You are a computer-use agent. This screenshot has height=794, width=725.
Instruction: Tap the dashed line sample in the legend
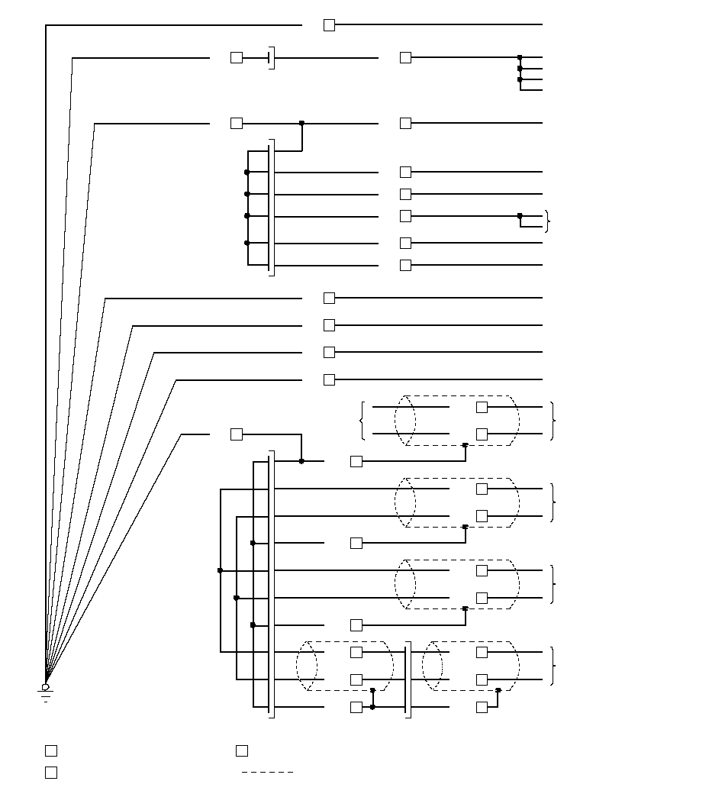tap(267, 772)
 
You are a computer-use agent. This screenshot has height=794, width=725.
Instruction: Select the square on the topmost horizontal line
tap(329, 25)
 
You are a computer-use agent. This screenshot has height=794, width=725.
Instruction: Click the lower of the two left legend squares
tap(51, 772)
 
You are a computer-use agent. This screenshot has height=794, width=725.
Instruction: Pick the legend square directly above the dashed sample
tap(242, 750)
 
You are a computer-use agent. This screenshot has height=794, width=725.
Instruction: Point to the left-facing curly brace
tap(362, 421)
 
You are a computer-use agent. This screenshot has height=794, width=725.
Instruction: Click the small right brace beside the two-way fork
tap(547, 221)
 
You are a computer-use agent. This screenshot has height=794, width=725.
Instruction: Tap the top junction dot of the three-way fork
tap(520, 57)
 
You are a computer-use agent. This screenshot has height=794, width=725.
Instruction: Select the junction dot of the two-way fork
tap(520, 216)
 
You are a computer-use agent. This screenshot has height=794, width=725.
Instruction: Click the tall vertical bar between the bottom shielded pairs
tap(407, 679)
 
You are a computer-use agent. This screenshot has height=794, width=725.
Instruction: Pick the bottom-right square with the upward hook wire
tap(482, 708)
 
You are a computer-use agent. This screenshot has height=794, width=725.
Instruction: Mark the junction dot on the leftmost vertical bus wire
tap(221, 570)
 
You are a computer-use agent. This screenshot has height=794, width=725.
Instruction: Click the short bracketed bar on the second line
tap(271, 57)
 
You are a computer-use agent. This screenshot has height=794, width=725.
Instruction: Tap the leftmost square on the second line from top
tap(237, 57)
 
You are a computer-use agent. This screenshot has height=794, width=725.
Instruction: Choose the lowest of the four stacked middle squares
tap(329, 379)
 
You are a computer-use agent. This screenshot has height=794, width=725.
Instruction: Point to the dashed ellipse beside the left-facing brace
tap(405, 421)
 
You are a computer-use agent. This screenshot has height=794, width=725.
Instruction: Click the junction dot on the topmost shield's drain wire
tap(465, 445)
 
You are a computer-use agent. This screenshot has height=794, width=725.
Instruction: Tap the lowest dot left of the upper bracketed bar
tap(246, 243)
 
